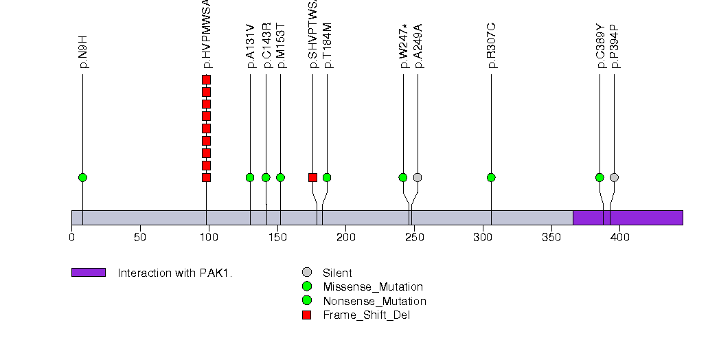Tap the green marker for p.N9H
tap(82, 177)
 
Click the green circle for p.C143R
tap(266, 177)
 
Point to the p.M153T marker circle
tap(280, 177)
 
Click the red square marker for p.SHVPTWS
tap(312, 177)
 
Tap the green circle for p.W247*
tap(403, 177)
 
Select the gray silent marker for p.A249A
tap(418, 177)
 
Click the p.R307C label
tap(492, 46)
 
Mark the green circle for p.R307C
tap(491, 177)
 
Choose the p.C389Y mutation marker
tap(600, 177)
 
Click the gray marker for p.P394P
tap(614, 177)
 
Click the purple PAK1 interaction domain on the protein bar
tap(628, 217)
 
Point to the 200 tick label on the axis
tap(345, 238)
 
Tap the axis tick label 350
tap(551, 238)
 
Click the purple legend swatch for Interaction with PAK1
tap(88, 273)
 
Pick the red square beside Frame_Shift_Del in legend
tap(307, 315)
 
